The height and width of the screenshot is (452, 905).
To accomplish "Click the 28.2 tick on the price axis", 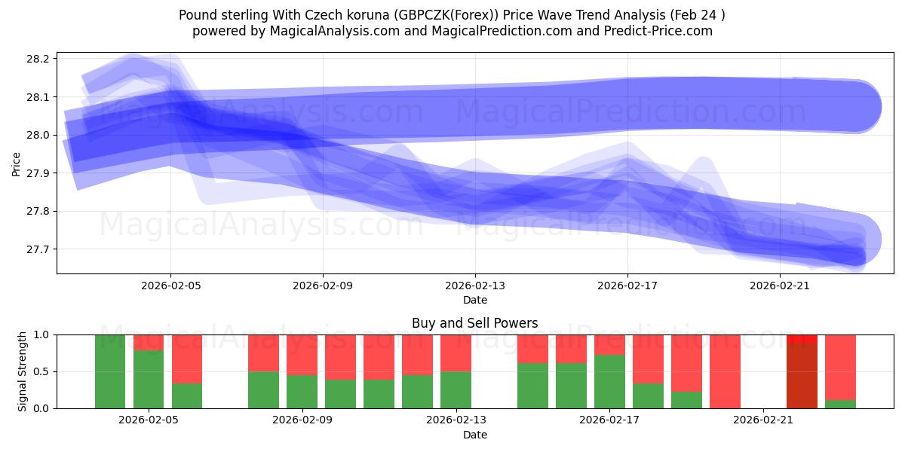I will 38,59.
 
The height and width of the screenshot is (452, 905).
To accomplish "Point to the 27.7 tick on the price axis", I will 38,249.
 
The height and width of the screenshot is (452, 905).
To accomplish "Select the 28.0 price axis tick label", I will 38,136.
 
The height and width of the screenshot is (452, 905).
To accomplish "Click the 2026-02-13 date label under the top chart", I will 475,286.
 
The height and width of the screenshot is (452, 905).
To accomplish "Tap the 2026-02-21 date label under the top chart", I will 780,286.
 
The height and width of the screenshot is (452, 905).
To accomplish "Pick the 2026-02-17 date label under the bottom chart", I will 609,420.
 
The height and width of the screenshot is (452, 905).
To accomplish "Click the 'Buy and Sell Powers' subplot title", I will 474,323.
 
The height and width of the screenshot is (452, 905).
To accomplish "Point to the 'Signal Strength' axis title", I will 23,371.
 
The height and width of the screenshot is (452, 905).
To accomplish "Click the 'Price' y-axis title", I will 17,163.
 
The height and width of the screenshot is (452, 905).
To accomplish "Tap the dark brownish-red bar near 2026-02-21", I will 802,375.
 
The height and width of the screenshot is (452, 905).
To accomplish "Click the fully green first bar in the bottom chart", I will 110,371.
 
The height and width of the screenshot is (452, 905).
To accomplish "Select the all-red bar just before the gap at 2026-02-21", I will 725,371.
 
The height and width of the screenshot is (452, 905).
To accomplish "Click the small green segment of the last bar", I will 840,404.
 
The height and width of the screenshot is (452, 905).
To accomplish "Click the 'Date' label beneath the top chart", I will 474,300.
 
